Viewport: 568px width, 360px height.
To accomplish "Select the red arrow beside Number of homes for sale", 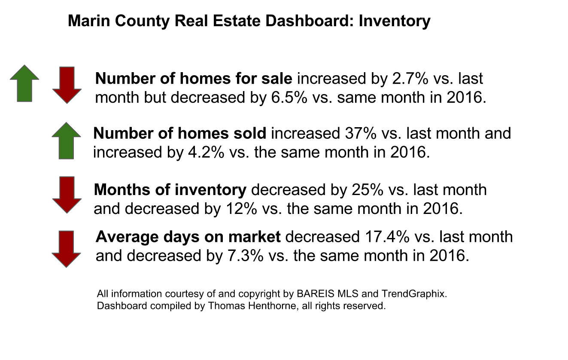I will [x=67, y=85].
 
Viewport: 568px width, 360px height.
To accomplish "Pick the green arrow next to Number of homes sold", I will [x=66, y=140].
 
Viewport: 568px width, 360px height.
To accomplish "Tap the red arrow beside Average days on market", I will [x=66, y=249].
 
